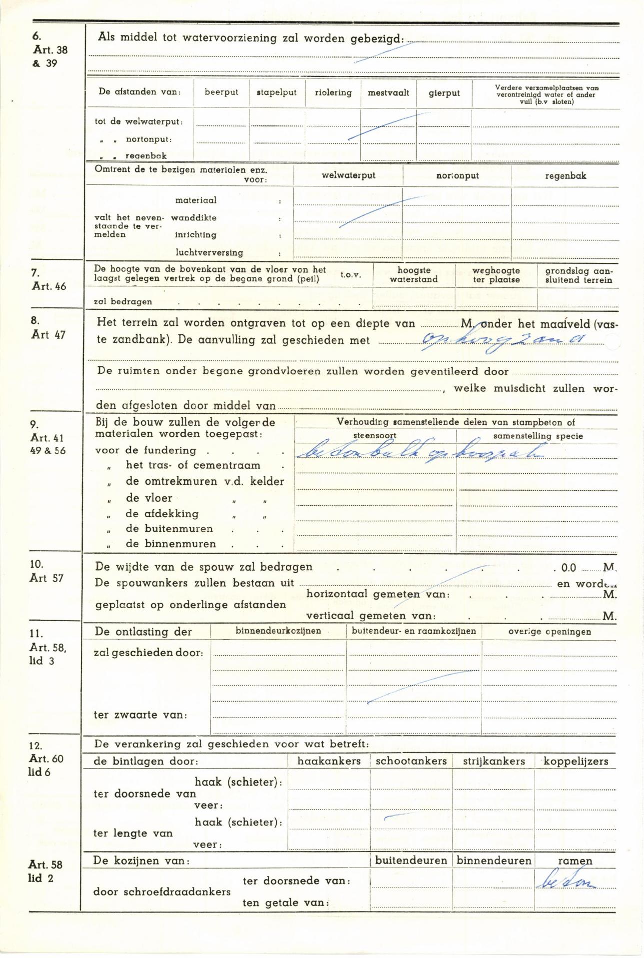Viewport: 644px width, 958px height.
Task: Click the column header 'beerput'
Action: click(x=221, y=92)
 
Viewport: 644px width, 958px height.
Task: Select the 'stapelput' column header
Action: click(x=277, y=92)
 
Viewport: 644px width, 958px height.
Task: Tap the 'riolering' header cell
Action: click(x=333, y=92)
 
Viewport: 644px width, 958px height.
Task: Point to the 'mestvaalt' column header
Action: click(x=389, y=92)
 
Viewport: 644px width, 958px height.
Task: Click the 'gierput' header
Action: click(x=444, y=93)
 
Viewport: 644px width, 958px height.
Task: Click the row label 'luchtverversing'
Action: click(x=209, y=252)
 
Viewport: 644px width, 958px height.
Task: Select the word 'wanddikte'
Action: click(x=194, y=218)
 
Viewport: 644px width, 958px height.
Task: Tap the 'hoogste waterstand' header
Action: click(x=414, y=275)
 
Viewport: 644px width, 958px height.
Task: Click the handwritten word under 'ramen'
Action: click(x=566, y=883)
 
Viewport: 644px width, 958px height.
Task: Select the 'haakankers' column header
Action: click(x=329, y=761)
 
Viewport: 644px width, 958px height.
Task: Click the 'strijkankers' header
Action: click(x=494, y=761)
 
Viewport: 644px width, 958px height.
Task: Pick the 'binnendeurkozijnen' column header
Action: click(x=278, y=631)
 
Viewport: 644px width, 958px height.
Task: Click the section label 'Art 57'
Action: click(x=47, y=578)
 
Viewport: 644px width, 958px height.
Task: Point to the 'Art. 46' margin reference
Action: click(x=48, y=286)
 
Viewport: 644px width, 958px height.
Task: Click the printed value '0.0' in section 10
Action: click(x=569, y=568)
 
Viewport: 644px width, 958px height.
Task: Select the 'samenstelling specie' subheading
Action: click(x=538, y=436)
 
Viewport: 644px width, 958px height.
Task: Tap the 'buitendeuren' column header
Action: click(x=411, y=861)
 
